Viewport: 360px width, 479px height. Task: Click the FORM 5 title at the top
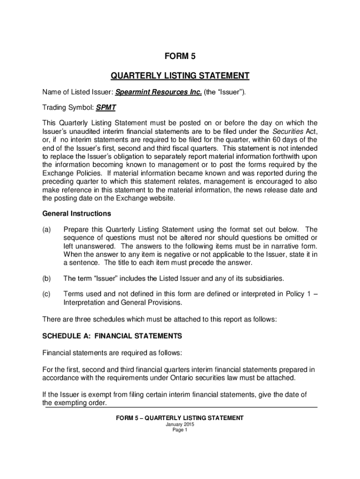click(180, 57)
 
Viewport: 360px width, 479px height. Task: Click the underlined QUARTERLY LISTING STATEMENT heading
click(180, 76)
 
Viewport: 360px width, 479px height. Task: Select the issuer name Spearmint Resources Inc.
click(158, 92)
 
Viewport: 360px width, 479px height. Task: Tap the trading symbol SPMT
click(106, 108)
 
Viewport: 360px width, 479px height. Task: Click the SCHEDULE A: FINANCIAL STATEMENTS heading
click(112, 336)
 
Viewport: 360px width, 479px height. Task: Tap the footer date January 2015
click(180, 424)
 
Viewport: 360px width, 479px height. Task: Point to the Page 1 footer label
click(180, 430)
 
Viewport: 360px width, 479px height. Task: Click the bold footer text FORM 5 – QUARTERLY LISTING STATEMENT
click(180, 418)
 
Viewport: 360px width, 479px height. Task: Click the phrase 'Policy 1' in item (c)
click(294, 294)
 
